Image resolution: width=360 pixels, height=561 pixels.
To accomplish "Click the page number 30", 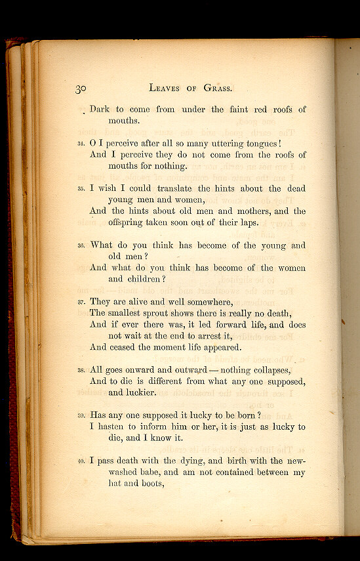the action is (x=81, y=89).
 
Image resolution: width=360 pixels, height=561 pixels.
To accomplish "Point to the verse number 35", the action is (x=81, y=190).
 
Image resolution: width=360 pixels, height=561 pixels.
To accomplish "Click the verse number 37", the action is (x=81, y=302).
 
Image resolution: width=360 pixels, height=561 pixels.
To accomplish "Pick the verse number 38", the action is (x=81, y=371).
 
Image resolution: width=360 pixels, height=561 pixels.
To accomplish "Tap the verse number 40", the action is (x=81, y=461).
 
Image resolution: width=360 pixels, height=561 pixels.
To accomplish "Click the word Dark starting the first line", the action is (x=100, y=110).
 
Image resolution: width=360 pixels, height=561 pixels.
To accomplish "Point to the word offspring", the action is (x=130, y=222).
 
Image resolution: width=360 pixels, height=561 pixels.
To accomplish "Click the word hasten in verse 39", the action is (x=115, y=426).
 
